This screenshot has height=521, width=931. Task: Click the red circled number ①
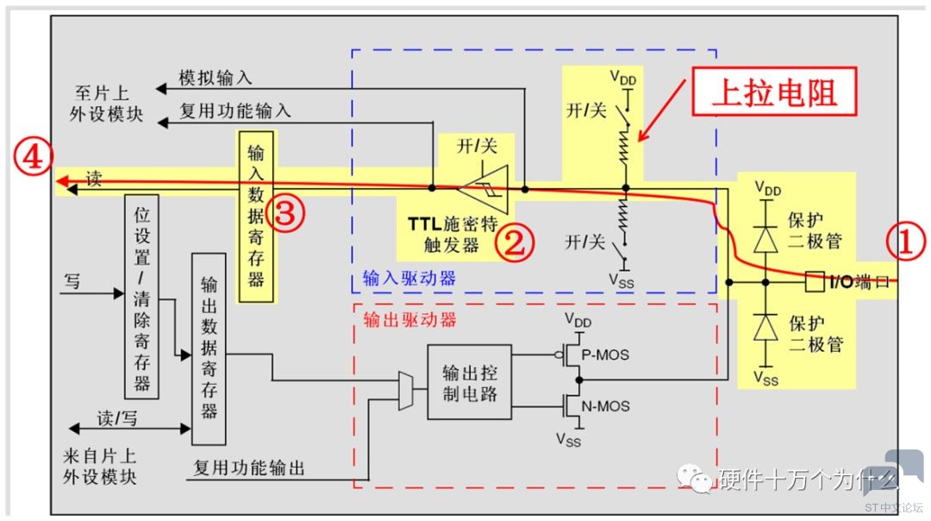point(904,243)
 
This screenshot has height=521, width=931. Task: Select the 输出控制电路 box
point(469,382)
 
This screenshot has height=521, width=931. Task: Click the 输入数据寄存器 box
point(256,216)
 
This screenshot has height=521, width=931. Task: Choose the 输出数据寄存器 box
point(208,348)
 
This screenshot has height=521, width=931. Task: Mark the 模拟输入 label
point(215,78)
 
